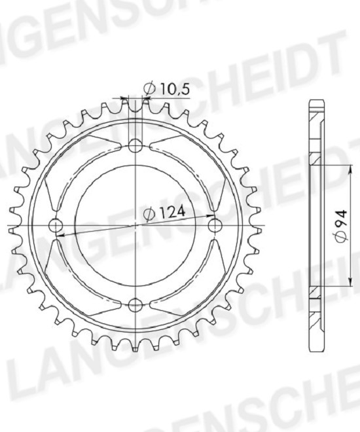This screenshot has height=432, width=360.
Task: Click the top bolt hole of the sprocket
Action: pyautogui.click(x=135, y=146)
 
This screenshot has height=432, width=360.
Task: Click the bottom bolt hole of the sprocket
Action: pyautogui.click(x=135, y=304)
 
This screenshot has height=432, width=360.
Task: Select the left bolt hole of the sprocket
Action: pyautogui.click(x=56, y=225)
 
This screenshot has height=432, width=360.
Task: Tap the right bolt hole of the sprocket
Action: pyautogui.click(x=215, y=225)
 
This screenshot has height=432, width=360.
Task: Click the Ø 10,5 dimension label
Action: pyautogui.click(x=167, y=89)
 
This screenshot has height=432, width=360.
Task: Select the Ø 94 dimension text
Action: pyautogui.click(x=341, y=226)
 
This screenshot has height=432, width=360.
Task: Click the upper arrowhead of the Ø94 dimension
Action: pyautogui.click(x=350, y=170)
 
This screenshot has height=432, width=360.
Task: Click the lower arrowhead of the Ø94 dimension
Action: pyautogui.click(x=350, y=282)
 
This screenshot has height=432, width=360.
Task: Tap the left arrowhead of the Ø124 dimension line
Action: pyautogui.click(x=61, y=236)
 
